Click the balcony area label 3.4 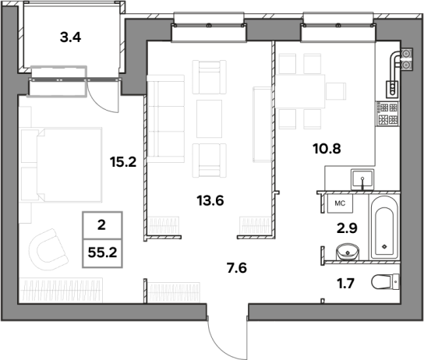(70, 37)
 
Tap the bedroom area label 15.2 (123, 162)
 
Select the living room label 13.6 (210, 201)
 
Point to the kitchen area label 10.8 (327, 149)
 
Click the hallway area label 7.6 (237, 268)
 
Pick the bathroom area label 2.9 (347, 228)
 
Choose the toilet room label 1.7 (345, 284)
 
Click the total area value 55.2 (102, 252)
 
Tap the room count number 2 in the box (101, 225)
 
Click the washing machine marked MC (340, 203)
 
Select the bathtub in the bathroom (384, 228)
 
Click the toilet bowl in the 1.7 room (385, 282)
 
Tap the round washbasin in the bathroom (348, 252)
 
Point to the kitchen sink (362, 179)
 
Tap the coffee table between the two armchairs (210, 118)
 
